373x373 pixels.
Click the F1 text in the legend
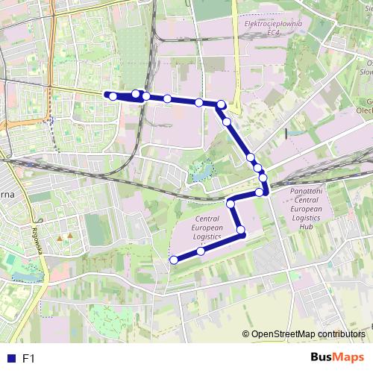click(29, 358)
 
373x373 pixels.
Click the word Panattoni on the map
click(305, 191)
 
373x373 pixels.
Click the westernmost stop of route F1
click(113, 96)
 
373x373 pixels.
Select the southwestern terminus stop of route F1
click(174, 260)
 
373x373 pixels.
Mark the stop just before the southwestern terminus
click(201, 251)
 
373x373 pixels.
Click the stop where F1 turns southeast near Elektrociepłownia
click(222, 104)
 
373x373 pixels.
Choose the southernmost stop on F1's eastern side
click(260, 192)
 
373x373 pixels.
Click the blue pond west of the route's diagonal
click(199, 172)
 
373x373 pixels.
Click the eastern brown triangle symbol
click(70, 236)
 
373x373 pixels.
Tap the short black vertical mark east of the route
click(286, 134)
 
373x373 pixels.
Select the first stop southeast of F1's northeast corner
click(226, 121)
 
